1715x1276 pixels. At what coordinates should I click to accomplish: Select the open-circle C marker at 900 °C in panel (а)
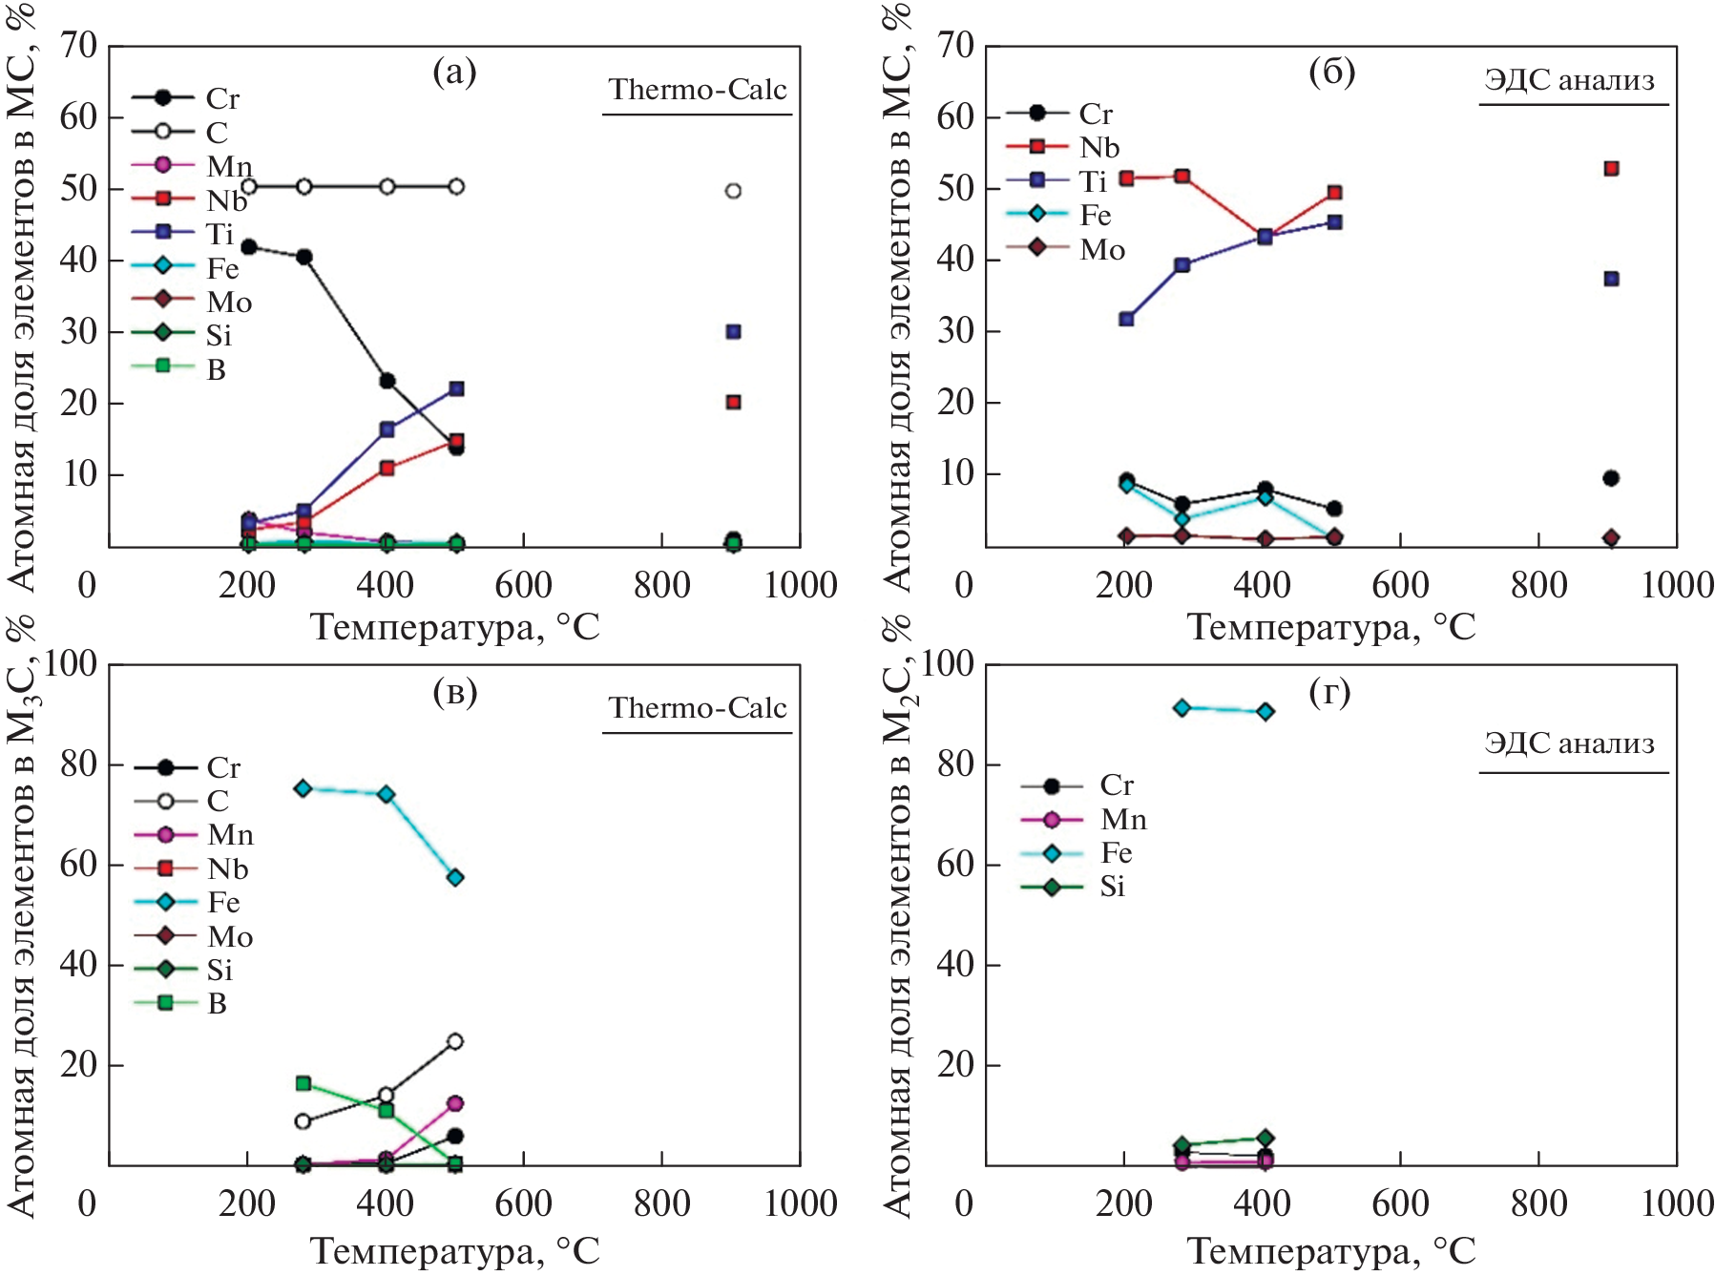click(733, 191)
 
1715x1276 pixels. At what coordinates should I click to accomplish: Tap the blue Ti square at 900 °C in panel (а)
click(733, 331)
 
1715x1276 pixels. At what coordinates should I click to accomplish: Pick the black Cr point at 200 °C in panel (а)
click(249, 247)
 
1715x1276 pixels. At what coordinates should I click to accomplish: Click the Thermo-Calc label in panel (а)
click(698, 90)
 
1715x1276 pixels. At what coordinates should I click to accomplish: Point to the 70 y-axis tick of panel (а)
click(78, 45)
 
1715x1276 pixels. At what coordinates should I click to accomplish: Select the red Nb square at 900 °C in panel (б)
click(1611, 169)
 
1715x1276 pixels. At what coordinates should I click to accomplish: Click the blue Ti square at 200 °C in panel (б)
click(1126, 319)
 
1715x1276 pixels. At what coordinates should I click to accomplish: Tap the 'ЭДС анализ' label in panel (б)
click(1569, 80)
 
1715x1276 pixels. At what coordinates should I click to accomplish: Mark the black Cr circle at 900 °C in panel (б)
click(1611, 478)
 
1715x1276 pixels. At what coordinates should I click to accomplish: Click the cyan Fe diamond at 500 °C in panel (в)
click(455, 877)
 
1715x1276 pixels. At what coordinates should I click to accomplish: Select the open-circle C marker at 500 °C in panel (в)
click(455, 1041)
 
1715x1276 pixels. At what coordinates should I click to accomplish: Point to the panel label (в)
click(454, 692)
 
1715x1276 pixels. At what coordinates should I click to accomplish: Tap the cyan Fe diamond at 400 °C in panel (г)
click(1265, 711)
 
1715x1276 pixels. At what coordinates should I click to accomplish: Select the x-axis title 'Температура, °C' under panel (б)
click(1330, 628)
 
